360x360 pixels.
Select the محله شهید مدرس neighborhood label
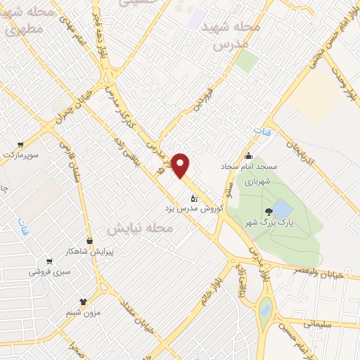pyautogui.click(x=231, y=33)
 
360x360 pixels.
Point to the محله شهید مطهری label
pyautogui.click(x=27, y=20)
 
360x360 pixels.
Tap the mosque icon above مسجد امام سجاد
pyautogui.click(x=247, y=156)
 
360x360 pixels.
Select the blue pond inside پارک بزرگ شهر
pyautogui.click(x=281, y=209)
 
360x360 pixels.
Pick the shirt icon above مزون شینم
pyautogui.click(x=84, y=302)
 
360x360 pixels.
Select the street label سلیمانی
pyautogui.click(x=325, y=323)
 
